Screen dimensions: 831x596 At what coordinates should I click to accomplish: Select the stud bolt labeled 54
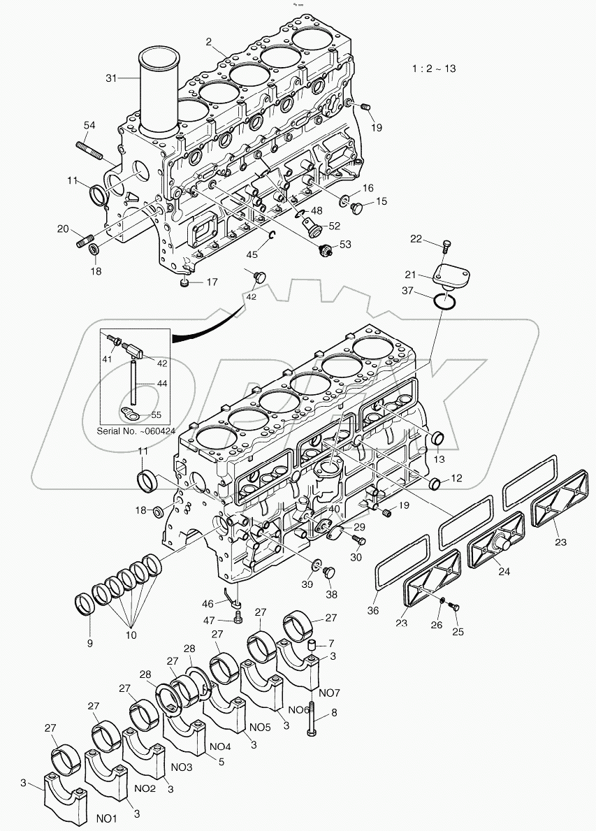(88, 150)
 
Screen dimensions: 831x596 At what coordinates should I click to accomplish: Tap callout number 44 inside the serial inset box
(162, 384)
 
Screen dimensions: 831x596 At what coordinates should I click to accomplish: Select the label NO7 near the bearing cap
(329, 693)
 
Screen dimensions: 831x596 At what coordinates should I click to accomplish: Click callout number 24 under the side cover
(504, 571)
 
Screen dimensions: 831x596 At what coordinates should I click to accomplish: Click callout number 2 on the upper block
(208, 43)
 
